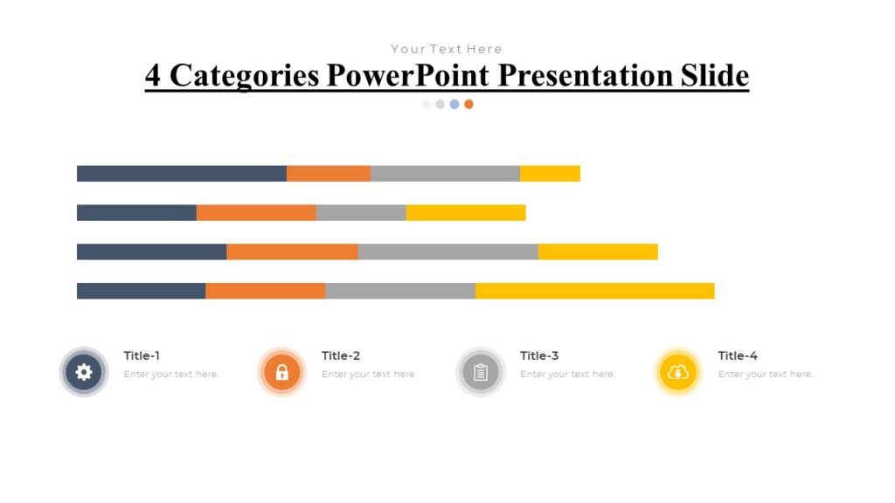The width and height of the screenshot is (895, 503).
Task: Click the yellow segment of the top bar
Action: click(550, 174)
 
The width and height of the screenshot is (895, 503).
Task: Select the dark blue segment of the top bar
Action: click(181, 174)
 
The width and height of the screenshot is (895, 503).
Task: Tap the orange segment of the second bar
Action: click(256, 213)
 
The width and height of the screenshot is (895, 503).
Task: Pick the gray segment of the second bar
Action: click(361, 213)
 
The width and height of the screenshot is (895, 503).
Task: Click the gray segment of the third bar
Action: click(447, 252)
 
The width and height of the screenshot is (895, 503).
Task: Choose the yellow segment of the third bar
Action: click(598, 252)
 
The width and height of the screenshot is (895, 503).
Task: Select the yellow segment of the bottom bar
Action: click(594, 291)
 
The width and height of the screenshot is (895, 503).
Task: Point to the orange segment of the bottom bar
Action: click(265, 291)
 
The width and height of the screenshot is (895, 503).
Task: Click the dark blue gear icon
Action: click(84, 373)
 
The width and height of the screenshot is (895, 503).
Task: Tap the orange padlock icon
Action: click(281, 373)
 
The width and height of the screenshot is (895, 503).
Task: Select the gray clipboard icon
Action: click(480, 373)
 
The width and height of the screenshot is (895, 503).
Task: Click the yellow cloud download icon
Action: click(678, 373)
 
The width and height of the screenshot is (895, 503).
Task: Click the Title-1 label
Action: click(142, 355)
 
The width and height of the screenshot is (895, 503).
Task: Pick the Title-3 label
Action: click(538, 355)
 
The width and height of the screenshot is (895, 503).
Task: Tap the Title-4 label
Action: click(737, 355)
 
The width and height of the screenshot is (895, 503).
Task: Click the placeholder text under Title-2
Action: click(369, 375)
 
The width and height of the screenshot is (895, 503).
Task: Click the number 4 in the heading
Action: click(153, 76)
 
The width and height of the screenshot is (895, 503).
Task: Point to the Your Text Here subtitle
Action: click(447, 49)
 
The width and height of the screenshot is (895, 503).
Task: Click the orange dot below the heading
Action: click(468, 104)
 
